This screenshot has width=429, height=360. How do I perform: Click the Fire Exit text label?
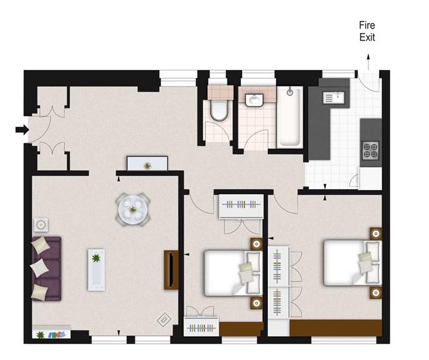coord(367,31)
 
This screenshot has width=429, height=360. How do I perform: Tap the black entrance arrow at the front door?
coord(22,130)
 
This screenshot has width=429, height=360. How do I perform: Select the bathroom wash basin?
coord(254,100)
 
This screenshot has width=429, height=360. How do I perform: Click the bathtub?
coord(290,117)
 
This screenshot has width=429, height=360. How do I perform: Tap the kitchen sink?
coord(333,97)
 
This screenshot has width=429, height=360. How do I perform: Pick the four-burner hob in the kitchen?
coord(370,150)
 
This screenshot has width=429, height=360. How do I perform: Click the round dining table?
coord(132,210)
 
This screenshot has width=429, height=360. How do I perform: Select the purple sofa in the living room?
coord(46,269)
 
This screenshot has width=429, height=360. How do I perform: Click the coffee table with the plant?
coord(96,270)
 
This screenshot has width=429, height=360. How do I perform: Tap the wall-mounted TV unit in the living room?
coord(171,270)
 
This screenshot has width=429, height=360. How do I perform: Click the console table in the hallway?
coord(147,163)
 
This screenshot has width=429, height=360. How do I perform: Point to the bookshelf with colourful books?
coord(51,332)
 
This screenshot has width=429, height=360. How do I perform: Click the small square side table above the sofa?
coord(41,225)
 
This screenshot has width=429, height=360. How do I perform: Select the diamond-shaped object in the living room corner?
coord(164,319)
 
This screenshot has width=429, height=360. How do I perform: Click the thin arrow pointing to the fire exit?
coord(368,62)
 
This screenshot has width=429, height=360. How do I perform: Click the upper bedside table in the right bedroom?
coord(376,234)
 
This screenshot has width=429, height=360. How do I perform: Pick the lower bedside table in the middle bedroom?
coord(257,303)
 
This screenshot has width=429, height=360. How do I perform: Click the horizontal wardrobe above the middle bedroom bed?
coord(241,207)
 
